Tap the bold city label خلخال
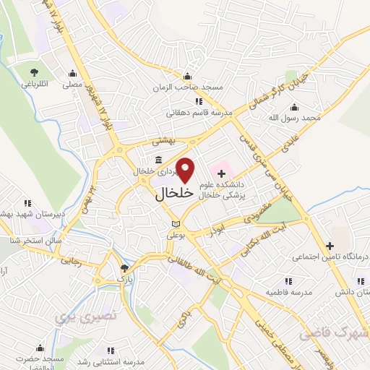175,194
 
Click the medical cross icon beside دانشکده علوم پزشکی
222,173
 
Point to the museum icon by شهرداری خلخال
158,161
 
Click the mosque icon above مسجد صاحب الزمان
188,77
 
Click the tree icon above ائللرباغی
34,71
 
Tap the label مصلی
72,85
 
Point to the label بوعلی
176,236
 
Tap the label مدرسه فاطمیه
287,291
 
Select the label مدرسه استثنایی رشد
108,361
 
